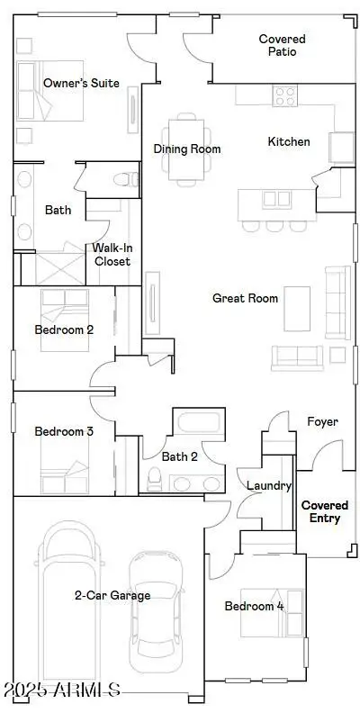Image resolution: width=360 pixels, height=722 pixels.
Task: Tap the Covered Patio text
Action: (x=282, y=45)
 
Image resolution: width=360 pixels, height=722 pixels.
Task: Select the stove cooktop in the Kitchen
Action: (x=285, y=95)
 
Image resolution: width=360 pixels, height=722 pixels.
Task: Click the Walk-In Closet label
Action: (x=112, y=255)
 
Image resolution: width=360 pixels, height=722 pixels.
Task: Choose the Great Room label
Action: (x=245, y=298)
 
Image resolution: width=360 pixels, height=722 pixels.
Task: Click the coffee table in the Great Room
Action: (x=297, y=309)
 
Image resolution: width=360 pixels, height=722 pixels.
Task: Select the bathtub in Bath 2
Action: (x=194, y=424)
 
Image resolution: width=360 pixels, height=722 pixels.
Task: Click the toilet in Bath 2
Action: (x=152, y=477)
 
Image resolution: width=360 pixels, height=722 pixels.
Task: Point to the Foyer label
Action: (x=322, y=421)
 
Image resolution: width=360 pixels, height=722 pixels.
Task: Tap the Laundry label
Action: (x=270, y=486)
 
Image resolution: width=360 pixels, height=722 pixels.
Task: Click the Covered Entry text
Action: (x=325, y=512)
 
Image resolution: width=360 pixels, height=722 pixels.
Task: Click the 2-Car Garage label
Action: (x=112, y=595)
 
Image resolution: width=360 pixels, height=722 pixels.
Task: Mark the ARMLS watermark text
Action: (x=62, y=691)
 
